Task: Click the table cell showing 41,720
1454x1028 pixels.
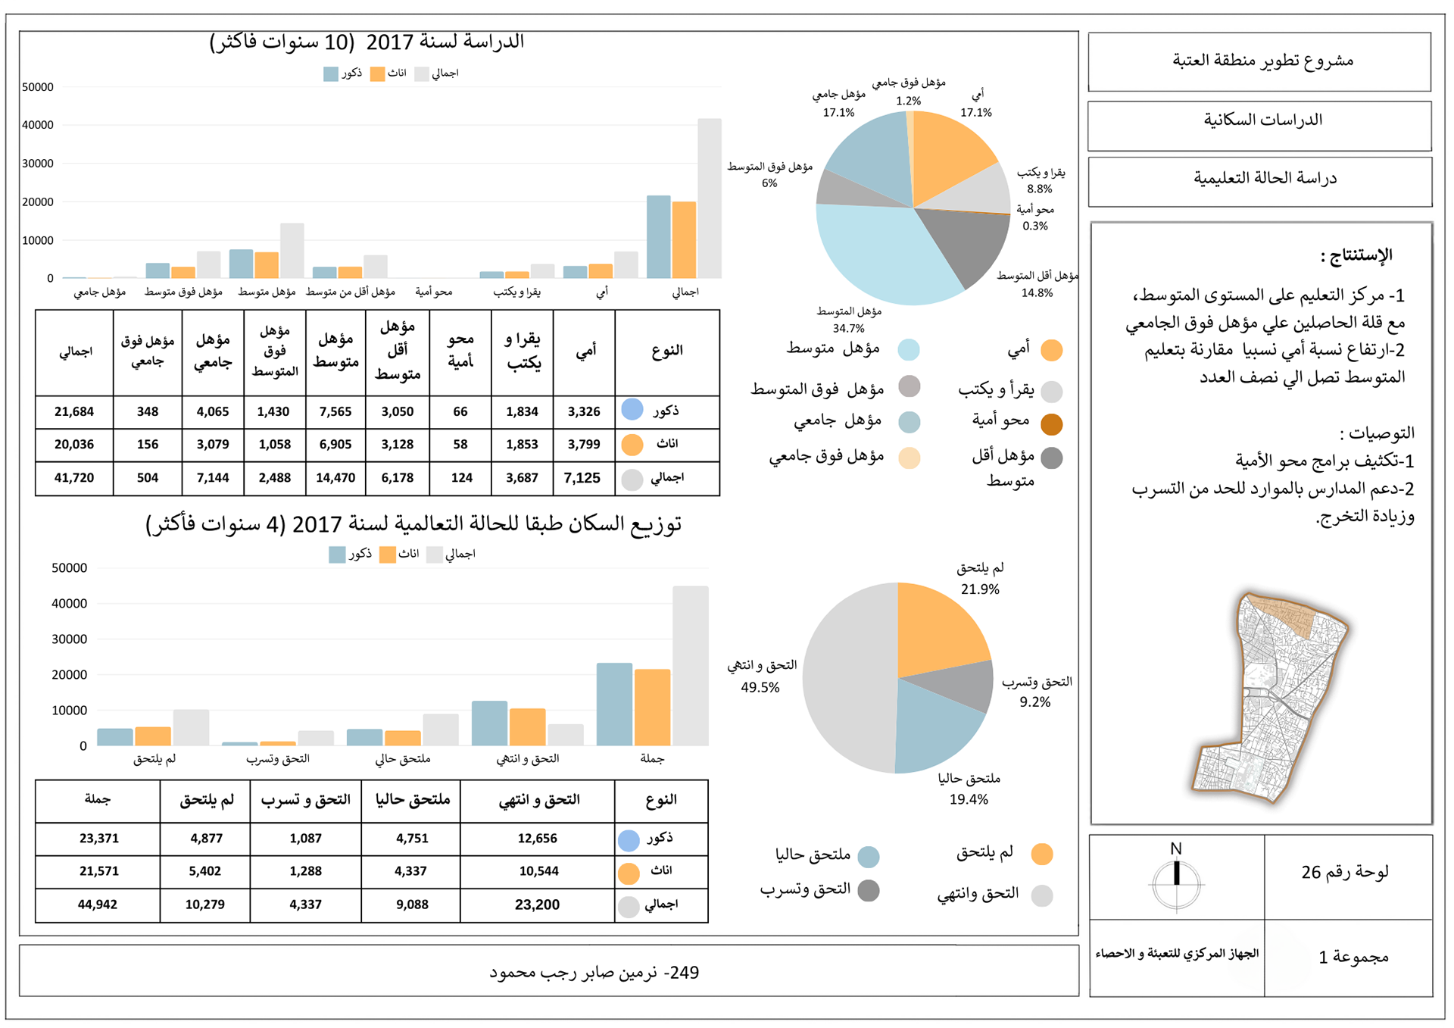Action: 74,478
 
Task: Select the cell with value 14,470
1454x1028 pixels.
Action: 335,478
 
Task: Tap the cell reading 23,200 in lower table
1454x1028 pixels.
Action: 537,905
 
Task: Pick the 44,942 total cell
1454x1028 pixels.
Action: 98,905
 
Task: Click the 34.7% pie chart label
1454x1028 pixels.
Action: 848,328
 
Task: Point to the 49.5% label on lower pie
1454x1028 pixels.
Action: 760,687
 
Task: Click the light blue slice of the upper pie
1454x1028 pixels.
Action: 886,250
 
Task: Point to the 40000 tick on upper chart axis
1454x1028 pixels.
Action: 38,125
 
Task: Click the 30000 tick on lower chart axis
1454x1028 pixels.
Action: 69,639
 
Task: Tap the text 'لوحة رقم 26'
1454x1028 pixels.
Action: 1345,873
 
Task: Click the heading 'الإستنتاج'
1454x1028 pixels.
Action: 1356,255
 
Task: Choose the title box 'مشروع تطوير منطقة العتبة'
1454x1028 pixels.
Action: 1259,61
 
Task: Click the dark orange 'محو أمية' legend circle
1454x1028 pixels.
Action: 1051,424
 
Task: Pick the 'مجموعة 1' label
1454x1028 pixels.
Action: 1353,958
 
